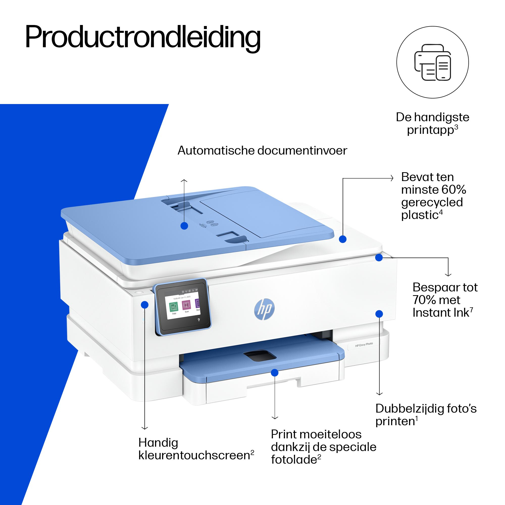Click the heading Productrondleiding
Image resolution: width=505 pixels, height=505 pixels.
point(143,37)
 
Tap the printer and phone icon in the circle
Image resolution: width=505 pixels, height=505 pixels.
point(433,62)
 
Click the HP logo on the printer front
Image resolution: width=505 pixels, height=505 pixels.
point(264,310)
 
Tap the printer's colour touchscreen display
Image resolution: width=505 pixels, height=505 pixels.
point(183,306)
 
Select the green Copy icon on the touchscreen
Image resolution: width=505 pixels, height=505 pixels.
point(174,306)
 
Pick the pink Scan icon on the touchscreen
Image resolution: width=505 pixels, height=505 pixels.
point(186,305)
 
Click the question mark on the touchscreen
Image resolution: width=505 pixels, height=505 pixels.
point(199,320)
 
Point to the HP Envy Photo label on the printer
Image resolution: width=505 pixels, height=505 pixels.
point(364,345)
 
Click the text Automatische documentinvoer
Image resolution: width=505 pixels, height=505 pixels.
point(262,150)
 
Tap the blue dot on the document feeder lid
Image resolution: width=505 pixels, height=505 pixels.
point(184,226)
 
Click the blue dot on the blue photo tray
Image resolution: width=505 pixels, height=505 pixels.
point(274,373)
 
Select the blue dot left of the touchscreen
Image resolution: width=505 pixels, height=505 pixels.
point(144,305)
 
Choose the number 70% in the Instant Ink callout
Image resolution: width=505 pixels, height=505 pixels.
point(423,300)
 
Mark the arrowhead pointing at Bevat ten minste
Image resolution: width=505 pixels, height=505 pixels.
point(392,178)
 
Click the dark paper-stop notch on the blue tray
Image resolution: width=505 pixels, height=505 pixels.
point(260,355)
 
